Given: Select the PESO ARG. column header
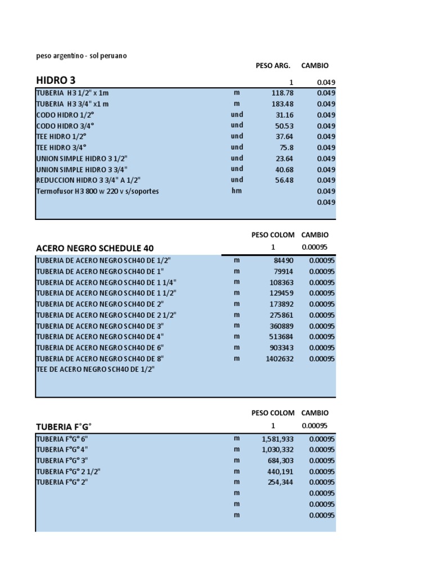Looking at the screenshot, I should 273,66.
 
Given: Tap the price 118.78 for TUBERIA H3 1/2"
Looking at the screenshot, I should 282,93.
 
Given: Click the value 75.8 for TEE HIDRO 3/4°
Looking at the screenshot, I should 286,147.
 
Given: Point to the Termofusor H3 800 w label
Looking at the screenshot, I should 97,191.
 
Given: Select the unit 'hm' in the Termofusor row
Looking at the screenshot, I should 236,191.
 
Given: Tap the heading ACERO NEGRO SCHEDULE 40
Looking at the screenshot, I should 94,248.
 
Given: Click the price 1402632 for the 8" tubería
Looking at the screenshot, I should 280,358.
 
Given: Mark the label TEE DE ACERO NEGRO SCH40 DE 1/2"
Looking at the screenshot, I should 95,369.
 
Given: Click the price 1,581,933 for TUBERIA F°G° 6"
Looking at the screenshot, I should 277,438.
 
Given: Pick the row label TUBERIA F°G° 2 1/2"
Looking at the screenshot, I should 68,471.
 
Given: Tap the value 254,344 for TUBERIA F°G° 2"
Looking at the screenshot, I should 280,482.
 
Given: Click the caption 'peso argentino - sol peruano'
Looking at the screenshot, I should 82,56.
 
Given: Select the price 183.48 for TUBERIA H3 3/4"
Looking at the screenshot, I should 282,103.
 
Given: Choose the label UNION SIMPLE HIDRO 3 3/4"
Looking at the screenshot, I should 82,169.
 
